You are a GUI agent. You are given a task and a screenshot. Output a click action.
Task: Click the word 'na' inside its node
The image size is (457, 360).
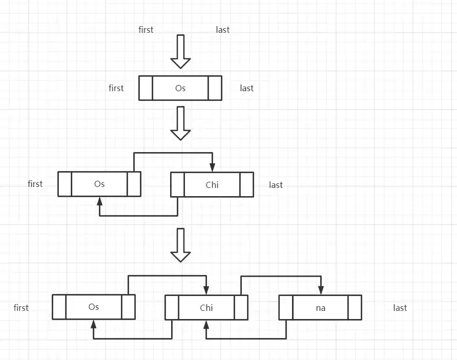[320, 308]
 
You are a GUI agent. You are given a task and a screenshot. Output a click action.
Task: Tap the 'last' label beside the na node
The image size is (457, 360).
[400, 308]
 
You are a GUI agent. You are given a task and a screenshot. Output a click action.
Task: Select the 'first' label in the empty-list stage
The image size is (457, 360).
[146, 29]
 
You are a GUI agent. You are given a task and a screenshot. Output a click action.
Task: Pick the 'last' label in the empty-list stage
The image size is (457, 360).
[223, 29]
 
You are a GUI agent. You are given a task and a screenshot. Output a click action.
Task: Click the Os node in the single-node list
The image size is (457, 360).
[180, 88]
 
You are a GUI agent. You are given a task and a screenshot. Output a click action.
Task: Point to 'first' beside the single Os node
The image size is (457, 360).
[116, 88]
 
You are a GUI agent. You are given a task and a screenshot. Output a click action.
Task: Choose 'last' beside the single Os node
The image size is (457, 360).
[246, 88]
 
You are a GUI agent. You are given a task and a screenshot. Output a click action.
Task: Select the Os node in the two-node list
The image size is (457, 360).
[99, 184]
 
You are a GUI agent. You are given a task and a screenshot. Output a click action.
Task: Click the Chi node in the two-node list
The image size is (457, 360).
[212, 185]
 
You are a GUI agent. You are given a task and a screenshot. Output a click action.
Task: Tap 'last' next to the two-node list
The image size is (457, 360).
[276, 185]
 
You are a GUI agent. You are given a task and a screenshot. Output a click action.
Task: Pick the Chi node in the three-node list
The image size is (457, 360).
[206, 308]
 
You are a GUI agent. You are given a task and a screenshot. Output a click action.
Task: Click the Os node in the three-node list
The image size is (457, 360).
[94, 307]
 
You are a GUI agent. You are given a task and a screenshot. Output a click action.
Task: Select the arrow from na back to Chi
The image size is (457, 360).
[246, 338]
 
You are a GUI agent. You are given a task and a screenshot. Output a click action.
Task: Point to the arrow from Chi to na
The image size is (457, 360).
[281, 276]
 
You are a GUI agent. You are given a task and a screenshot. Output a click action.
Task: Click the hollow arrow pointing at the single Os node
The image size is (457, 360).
[181, 52]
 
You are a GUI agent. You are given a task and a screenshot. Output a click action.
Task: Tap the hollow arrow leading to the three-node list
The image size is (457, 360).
[181, 245]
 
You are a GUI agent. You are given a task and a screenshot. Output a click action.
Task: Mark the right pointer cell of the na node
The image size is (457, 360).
[355, 308]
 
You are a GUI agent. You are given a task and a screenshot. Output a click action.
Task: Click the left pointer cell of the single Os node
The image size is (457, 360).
[146, 88]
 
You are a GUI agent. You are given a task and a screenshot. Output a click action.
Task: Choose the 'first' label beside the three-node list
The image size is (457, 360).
[21, 308]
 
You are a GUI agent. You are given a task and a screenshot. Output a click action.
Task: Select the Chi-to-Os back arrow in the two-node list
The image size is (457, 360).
[139, 216]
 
